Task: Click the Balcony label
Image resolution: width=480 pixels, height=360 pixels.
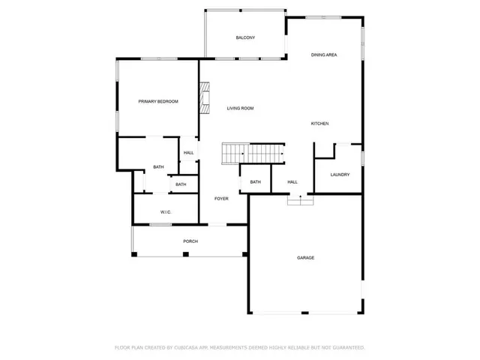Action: tap(245, 37)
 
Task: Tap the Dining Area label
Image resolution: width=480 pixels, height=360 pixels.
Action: tap(323, 55)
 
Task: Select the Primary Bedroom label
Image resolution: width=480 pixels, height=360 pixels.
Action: tap(157, 101)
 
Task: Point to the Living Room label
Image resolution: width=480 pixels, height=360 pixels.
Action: tap(241, 109)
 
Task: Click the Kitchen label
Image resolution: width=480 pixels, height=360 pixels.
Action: tap(320, 124)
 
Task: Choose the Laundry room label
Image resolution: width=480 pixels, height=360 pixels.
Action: tap(340, 175)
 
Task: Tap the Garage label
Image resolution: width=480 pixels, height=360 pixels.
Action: tap(305, 258)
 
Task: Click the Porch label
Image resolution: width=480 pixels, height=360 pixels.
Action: tap(190, 241)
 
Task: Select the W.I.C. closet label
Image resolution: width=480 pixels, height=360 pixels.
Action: tap(166, 212)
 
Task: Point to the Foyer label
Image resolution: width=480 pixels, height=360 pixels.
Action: tap(221, 199)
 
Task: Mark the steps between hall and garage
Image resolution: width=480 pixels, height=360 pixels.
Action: tap(300, 199)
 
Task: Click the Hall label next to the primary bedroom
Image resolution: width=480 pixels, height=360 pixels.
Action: tap(188, 153)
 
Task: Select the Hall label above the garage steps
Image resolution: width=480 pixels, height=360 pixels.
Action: tap(292, 182)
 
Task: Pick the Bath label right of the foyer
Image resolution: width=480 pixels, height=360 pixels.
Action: tap(255, 182)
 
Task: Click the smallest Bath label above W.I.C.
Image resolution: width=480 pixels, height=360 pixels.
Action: tap(181, 184)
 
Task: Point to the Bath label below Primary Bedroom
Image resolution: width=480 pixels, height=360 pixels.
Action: tap(158, 167)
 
